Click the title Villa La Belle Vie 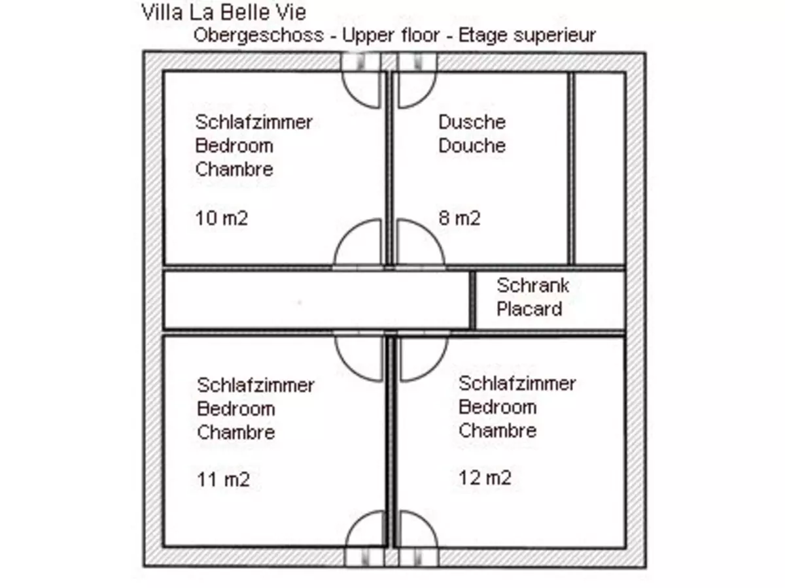(224, 12)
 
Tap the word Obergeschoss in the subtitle (258, 35)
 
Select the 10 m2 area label (221, 218)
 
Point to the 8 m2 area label (459, 218)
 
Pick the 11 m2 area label (223, 480)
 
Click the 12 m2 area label (485, 478)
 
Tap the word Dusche (472, 122)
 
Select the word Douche (472, 145)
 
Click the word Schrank (532, 285)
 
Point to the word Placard (529, 308)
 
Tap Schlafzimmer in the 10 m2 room (254, 122)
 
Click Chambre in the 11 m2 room (235, 432)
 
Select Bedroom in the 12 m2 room (497, 407)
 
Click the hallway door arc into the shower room (419, 243)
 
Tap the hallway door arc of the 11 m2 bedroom (360, 357)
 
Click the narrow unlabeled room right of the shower (598, 168)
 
